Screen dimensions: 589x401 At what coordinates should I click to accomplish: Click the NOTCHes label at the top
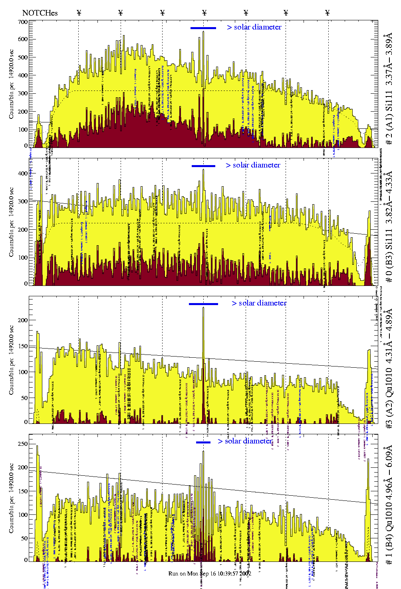[40, 13]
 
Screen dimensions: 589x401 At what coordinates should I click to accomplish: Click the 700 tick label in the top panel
[22, 22]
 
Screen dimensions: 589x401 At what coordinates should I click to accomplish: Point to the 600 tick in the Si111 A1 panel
[22, 39]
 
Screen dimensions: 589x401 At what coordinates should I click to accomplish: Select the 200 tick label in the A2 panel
[23, 320]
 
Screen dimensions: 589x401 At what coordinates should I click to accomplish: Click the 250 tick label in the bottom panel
[23, 444]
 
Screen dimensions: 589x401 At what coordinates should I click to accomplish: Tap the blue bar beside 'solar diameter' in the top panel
[203, 28]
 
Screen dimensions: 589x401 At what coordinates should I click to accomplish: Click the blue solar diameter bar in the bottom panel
[203, 442]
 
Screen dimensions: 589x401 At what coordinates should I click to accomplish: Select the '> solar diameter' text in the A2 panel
[259, 303]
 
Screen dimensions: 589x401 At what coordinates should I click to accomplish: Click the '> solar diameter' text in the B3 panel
[253, 165]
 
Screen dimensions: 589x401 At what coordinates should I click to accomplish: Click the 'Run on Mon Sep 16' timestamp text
[210, 573]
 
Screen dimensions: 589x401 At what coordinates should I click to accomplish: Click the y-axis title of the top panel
[11, 84]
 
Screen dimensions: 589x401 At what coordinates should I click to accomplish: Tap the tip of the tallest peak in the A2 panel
[203, 307]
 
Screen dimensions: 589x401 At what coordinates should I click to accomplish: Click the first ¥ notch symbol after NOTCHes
[79, 13]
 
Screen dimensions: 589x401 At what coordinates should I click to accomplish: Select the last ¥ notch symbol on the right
[328, 13]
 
